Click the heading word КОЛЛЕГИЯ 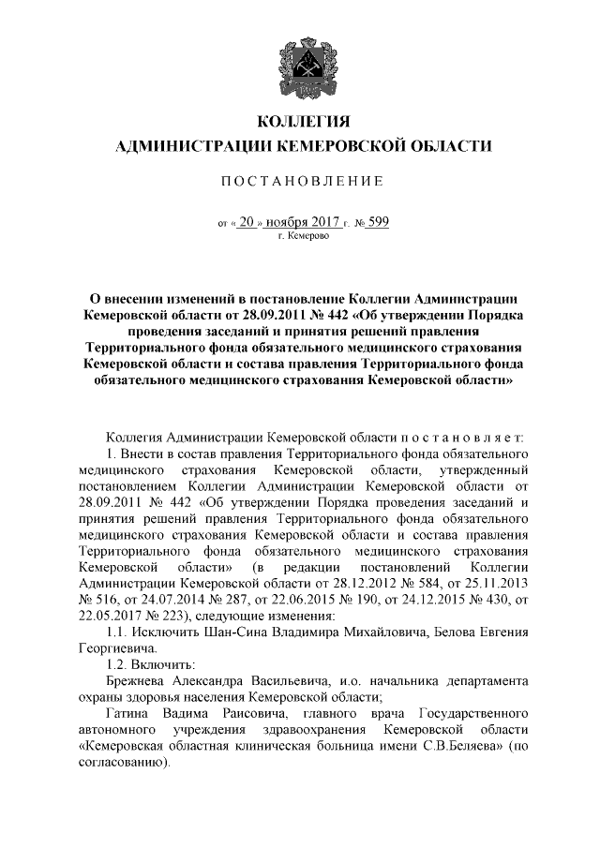(x=300, y=122)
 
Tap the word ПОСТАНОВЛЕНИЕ (x=300, y=180)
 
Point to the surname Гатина (x=130, y=713)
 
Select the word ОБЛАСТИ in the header (x=450, y=146)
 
